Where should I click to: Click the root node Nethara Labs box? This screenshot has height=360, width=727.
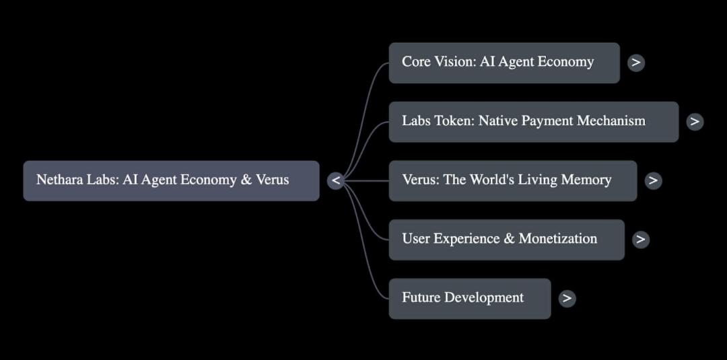pos(171,180)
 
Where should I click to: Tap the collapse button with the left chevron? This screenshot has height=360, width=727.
pos(336,180)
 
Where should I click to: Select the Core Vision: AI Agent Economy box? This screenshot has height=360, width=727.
pos(504,63)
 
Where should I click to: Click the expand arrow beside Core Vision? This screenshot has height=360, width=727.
pos(635,63)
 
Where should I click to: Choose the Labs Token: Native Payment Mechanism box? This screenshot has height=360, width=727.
pos(533,122)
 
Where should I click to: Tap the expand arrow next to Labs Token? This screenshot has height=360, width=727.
pos(695,122)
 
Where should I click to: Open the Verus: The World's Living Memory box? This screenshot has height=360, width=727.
pos(512,180)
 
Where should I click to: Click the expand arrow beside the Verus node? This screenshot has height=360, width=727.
pos(652,180)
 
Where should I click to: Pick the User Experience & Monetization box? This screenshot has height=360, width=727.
pos(506,239)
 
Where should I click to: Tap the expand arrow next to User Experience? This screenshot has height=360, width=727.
pos(641,239)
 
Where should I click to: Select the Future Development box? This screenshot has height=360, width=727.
pos(469,298)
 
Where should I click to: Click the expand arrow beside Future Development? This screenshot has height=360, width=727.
pos(567,298)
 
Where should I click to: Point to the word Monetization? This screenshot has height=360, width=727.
pos(557,239)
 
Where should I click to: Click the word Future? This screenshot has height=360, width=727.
pos(420,297)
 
